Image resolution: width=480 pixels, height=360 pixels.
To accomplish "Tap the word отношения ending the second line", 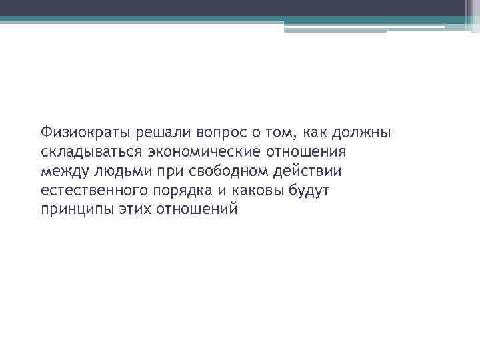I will point(308,151).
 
